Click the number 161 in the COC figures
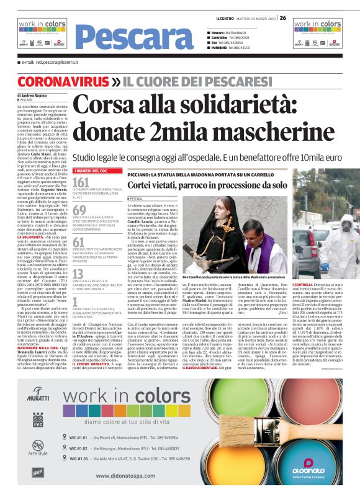(81, 182)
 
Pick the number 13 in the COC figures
(79, 274)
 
